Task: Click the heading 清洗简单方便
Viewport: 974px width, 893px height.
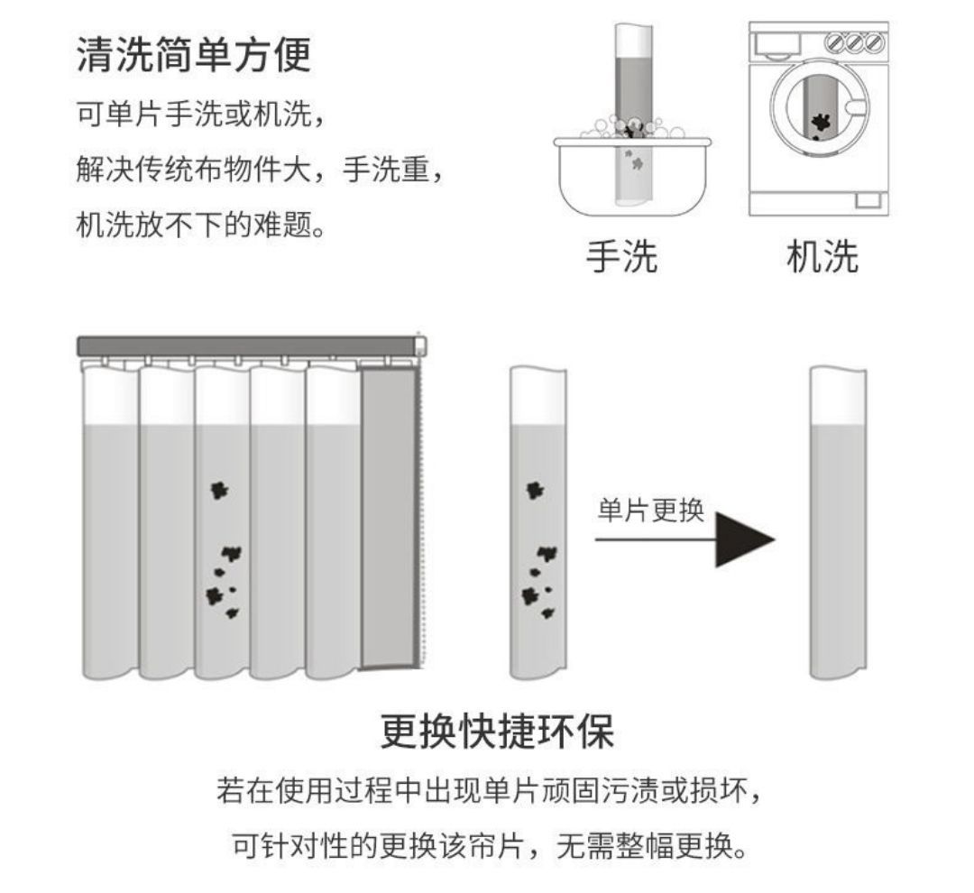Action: [x=193, y=55]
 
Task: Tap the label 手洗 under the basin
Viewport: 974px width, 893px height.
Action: [x=621, y=257]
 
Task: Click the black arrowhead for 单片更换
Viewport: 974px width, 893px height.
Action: [x=743, y=540]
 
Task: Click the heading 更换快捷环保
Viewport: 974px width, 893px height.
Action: [x=497, y=732]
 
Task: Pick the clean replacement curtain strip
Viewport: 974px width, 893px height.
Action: [x=839, y=523]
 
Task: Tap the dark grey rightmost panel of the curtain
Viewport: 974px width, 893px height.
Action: [x=389, y=519]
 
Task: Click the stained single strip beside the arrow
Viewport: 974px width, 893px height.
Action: [x=538, y=523]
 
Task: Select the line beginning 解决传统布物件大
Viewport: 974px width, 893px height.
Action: [x=260, y=170]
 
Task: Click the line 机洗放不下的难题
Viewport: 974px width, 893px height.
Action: [x=199, y=224]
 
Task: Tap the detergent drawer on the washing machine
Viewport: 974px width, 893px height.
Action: [x=777, y=43]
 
